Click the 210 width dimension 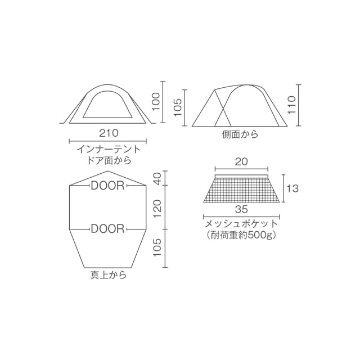click(x=109, y=133)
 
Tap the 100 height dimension click(x=156, y=101)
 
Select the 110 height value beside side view click(x=291, y=105)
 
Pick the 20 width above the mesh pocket click(x=241, y=162)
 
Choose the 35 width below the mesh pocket click(x=241, y=209)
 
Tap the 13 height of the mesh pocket click(x=292, y=189)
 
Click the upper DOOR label click(x=107, y=186)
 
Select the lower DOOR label click(x=107, y=229)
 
